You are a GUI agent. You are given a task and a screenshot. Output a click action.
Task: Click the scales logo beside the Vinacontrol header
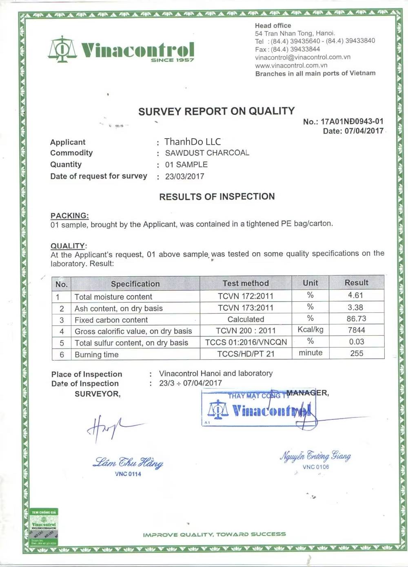coord(62,49)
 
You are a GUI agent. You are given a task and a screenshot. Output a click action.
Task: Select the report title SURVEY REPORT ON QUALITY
coord(216,111)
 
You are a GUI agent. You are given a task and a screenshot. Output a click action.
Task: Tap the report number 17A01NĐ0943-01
coord(352,121)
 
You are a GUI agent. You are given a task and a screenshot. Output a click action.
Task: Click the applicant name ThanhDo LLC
coord(193,142)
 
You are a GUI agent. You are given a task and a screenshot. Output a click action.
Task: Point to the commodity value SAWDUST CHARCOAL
coord(207,153)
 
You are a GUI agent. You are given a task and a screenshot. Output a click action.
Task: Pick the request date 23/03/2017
coord(184,177)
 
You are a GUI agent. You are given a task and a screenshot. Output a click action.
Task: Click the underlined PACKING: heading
coord(69,215)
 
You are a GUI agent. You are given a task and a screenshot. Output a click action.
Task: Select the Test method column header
coord(246,283)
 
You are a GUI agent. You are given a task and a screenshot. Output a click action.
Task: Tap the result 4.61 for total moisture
coord(355,295)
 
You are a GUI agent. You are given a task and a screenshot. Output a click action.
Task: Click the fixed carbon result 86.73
coord(356,318)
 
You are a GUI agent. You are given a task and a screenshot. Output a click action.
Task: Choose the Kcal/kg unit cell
coord(310,329)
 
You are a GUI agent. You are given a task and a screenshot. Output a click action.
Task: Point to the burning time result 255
coord(357,353)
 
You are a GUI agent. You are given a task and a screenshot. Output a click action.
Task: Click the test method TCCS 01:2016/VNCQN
coord(246,342)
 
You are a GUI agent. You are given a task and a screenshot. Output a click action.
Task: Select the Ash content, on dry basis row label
coord(118,308)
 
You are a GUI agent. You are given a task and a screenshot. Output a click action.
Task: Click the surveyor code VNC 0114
coord(128,474)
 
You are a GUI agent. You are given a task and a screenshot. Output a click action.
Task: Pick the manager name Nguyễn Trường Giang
coord(315,456)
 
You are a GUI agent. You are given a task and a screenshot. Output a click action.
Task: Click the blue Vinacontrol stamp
coord(257,409)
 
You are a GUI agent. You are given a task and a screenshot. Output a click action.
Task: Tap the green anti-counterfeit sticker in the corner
coord(44,527)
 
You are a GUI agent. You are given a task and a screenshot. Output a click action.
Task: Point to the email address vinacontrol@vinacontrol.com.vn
coord(303,57)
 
